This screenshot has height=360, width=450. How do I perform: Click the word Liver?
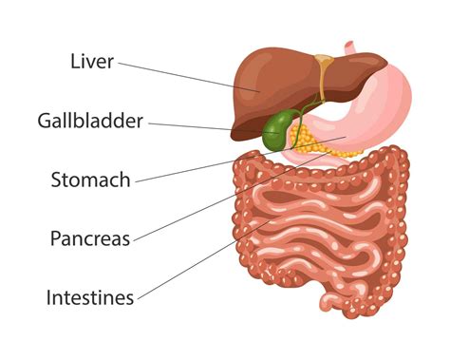coord(93,62)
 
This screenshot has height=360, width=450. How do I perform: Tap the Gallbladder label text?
coord(90,121)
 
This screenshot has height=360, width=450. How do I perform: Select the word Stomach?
coord(91,180)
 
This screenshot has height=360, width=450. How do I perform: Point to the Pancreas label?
coord(90,237)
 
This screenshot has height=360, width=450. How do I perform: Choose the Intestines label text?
coord(90,296)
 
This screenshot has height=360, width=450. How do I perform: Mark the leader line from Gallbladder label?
coord(190,124)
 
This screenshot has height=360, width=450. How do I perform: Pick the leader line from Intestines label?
coord(190,269)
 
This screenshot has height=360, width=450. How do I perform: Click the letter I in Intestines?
coord(49,296)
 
